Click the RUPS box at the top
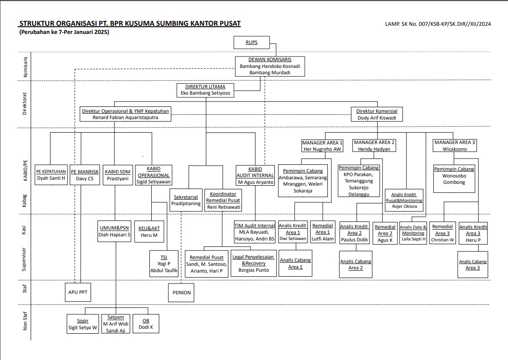pyautogui.click(x=252, y=43)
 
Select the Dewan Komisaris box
pyautogui.click(x=270, y=67)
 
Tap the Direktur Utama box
pyautogui.click(x=206, y=90)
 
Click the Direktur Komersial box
pyautogui.click(x=377, y=115)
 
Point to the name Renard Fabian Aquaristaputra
pyautogui.click(x=125, y=117)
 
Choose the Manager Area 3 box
pyautogui.click(x=455, y=145)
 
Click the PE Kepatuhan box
pyautogui.click(x=51, y=175)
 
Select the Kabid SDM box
pyautogui.click(x=118, y=175)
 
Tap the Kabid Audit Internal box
pyautogui.click(x=255, y=176)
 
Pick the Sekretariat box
pyautogui.click(x=186, y=200)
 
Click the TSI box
pyautogui.click(x=164, y=264)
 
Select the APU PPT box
pyautogui.click(x=78, y=292)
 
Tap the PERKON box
pyautogui.click(x=182, y=293)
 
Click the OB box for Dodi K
pyautogui.click(x=146, y=324)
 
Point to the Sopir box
pyautogui.click(x=82, y=324)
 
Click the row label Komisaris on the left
pyautogui.click(x=25, y=67)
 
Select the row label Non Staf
pyautogui.click(x=25, y=321)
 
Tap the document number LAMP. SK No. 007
pyautogui.click(x=438, y=24)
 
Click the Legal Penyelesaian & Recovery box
pyautogui.click(x=254, y=263)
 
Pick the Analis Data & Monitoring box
pyautogui.click(x=413, y=233)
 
